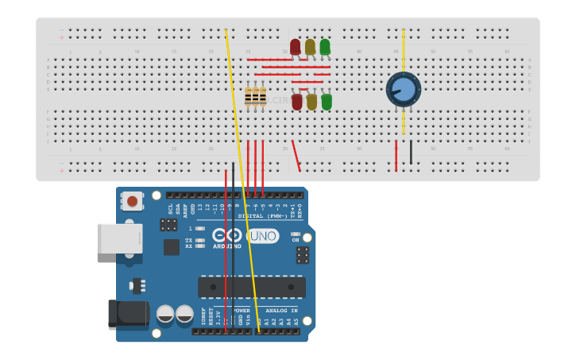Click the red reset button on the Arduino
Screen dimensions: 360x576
coord(132,201)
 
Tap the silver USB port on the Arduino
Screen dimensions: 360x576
coord(119,238)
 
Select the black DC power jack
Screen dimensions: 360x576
coord(127,314)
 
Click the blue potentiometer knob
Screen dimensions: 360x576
coord(404,89)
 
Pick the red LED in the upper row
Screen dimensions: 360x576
coord(296,47)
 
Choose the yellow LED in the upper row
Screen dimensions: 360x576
coord(310,47)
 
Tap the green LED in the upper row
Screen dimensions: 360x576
coord(325,47)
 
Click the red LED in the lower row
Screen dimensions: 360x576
coord(297,102)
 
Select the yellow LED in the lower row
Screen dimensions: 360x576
coord(311,102)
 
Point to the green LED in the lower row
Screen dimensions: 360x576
coord(327,102)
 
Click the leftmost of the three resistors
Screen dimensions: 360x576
coord(248,96)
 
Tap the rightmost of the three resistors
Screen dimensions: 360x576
coord(262,96)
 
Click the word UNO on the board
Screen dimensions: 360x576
coord(263,236)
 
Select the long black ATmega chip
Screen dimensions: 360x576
coord(251,287)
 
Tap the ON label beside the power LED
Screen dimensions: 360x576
coord(296,240)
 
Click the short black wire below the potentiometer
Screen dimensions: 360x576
coord(411,152)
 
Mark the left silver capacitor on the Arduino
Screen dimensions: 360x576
coord(165,314)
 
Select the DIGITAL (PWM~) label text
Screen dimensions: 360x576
coord(262,216)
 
